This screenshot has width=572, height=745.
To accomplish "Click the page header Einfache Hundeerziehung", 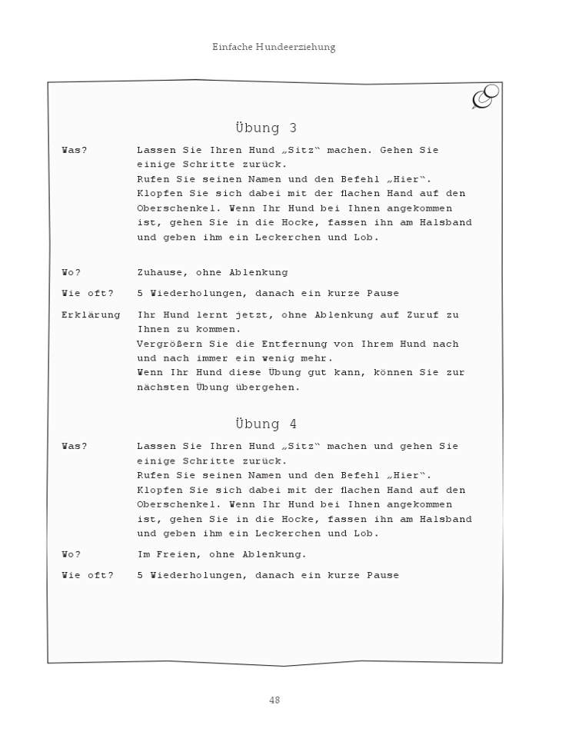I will point(274,48).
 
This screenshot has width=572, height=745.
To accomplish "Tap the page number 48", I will point(274,700).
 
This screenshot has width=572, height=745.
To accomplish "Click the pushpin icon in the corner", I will point(484,97).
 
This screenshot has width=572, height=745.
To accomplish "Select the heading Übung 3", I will point(266,128).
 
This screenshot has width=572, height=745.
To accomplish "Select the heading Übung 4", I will point(266,424).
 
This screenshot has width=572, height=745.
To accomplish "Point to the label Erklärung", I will point(91,314).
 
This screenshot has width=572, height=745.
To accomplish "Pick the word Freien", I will point(175,554).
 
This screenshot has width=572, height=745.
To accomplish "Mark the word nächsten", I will point(162,387).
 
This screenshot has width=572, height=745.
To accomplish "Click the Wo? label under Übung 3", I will point(71,272).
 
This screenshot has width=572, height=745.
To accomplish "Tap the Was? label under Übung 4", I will point(75,446).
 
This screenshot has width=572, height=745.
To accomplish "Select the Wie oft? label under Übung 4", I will point(87,575).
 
